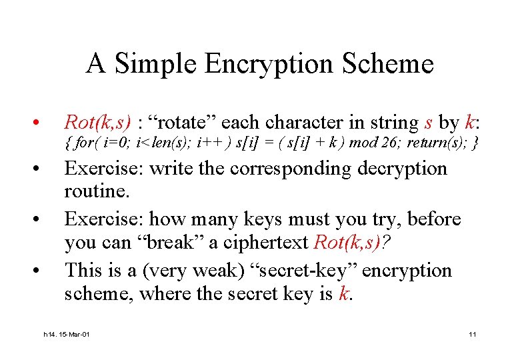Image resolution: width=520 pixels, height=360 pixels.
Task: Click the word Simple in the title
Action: [157, 65]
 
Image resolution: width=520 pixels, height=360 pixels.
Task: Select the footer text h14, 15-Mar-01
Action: [65, 334]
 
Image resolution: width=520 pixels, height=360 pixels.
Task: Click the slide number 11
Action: [472, 334]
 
